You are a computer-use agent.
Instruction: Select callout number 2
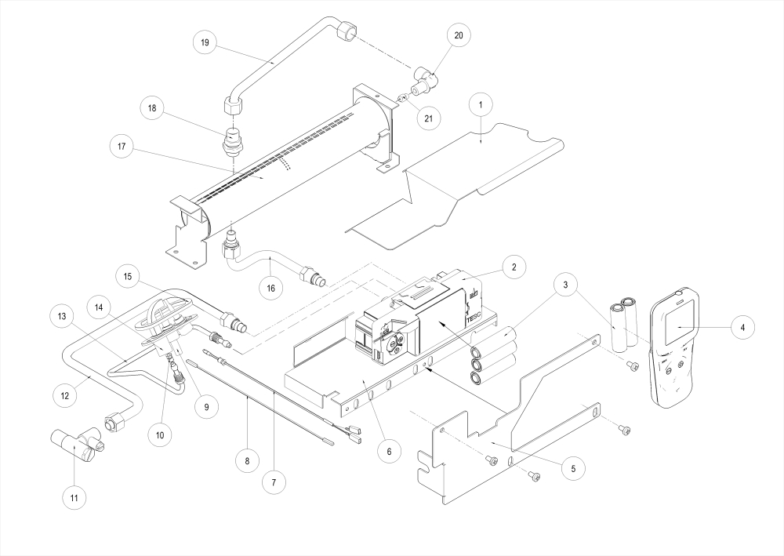coord(513,267)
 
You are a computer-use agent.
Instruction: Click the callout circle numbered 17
coord(572,468)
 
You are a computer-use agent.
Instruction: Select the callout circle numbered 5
coord(572,468)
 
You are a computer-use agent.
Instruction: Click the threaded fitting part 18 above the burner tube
coord(233,141)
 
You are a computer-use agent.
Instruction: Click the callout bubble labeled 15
coord(129,278)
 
